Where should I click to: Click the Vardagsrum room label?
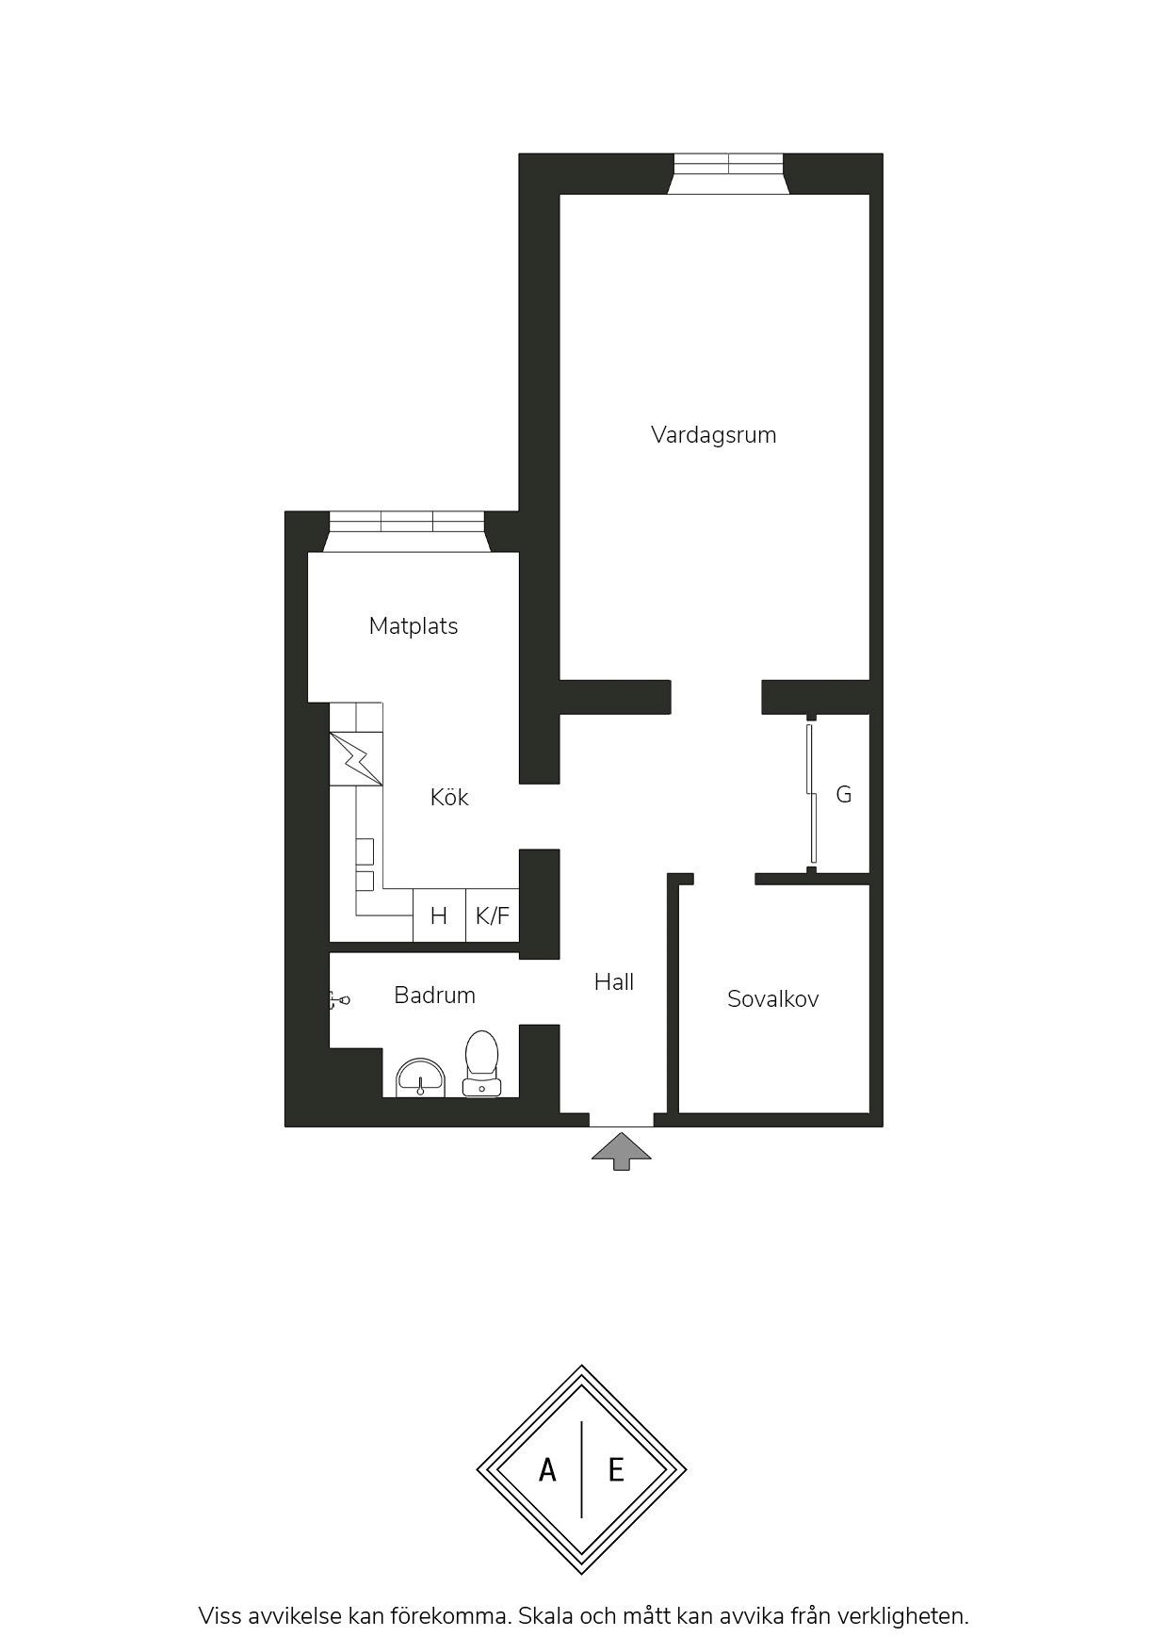(713, 435)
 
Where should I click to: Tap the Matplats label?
(414, 626)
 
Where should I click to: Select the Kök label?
(449, 797)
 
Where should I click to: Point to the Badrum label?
(434, 995)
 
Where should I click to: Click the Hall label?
(614, 982)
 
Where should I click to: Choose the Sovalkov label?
(773, 999)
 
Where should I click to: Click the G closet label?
(844, 795)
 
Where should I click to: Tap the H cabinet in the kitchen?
(439, 915)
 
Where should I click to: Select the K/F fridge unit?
(493, 915)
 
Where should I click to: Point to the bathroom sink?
(420, 1077)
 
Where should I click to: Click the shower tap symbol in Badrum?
(339, 999)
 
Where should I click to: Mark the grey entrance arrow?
(621, 1152)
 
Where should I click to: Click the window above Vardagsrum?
(729, 174)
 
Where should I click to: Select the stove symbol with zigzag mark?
(356, 758)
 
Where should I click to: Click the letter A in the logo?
(547, 1470)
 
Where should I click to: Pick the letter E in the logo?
(616, 1470)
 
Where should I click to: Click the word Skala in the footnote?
(544, 1616)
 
